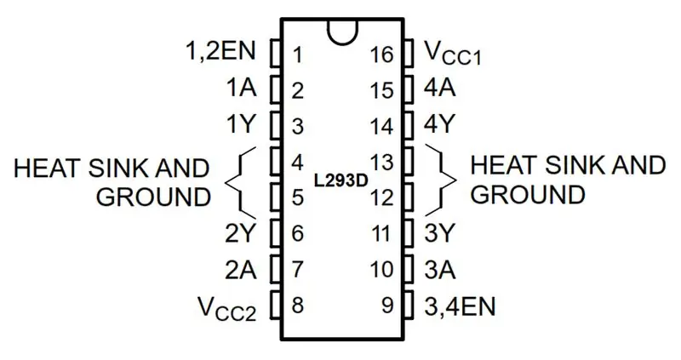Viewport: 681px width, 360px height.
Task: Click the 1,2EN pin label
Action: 220,51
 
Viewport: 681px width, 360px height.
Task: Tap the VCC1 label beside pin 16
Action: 453,54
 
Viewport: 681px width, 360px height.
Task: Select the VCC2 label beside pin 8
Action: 227,308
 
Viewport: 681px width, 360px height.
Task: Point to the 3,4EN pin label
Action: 460,307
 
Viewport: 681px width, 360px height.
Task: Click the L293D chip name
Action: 341,180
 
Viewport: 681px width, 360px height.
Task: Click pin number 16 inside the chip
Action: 381,55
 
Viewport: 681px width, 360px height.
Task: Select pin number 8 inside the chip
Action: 297,306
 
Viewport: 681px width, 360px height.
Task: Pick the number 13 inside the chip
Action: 381,163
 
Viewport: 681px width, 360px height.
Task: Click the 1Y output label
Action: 241,124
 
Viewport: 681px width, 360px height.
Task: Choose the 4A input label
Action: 440,88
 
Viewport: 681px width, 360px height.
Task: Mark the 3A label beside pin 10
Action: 440,269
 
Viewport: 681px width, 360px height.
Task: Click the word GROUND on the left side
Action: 153,197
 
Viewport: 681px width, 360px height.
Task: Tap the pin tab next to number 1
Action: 275,54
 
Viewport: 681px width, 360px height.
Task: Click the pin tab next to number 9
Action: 409,306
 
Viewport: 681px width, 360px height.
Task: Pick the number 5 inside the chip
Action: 297,198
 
